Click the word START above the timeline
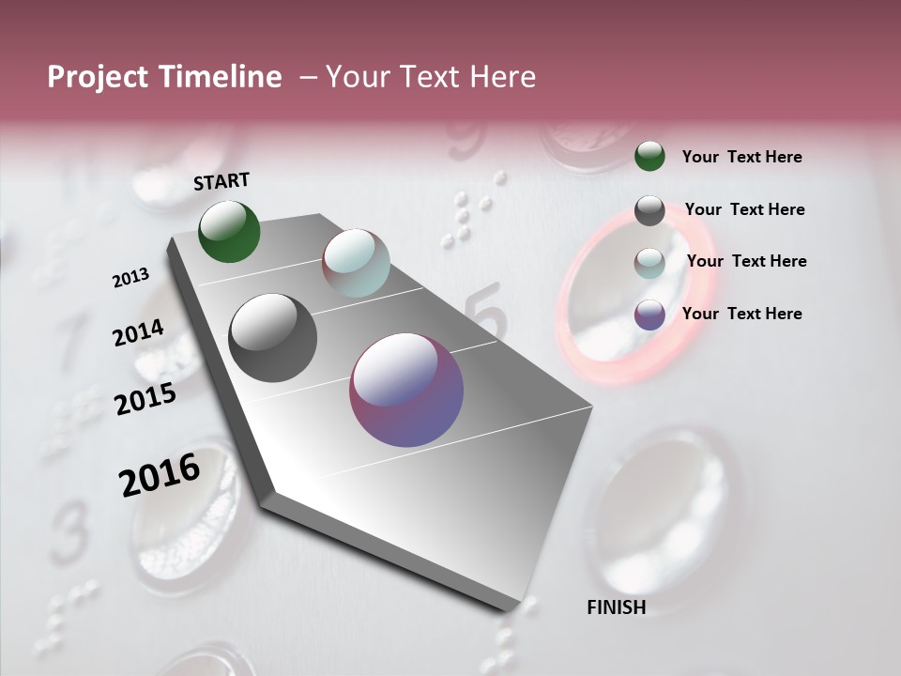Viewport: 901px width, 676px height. [221, 181]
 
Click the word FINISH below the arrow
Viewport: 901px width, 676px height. [616, 607]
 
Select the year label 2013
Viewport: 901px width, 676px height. [130, 278]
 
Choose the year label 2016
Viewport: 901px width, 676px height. [160, 475]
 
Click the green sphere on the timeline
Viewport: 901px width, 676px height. [230, 231]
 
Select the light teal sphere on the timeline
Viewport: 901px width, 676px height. [356, 262]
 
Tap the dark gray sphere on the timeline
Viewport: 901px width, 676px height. [273, 337]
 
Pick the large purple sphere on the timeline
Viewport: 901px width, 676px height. [406, 390]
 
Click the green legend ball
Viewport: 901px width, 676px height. [649, 156]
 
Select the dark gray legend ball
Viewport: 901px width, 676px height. [649, 210]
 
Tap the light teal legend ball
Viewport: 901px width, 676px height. [649, 263]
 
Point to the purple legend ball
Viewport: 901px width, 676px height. [649, 315]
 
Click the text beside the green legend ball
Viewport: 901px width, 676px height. [741, 157]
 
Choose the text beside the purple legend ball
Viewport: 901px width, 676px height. [741, 314]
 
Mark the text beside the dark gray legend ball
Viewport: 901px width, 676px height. [744, 209]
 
